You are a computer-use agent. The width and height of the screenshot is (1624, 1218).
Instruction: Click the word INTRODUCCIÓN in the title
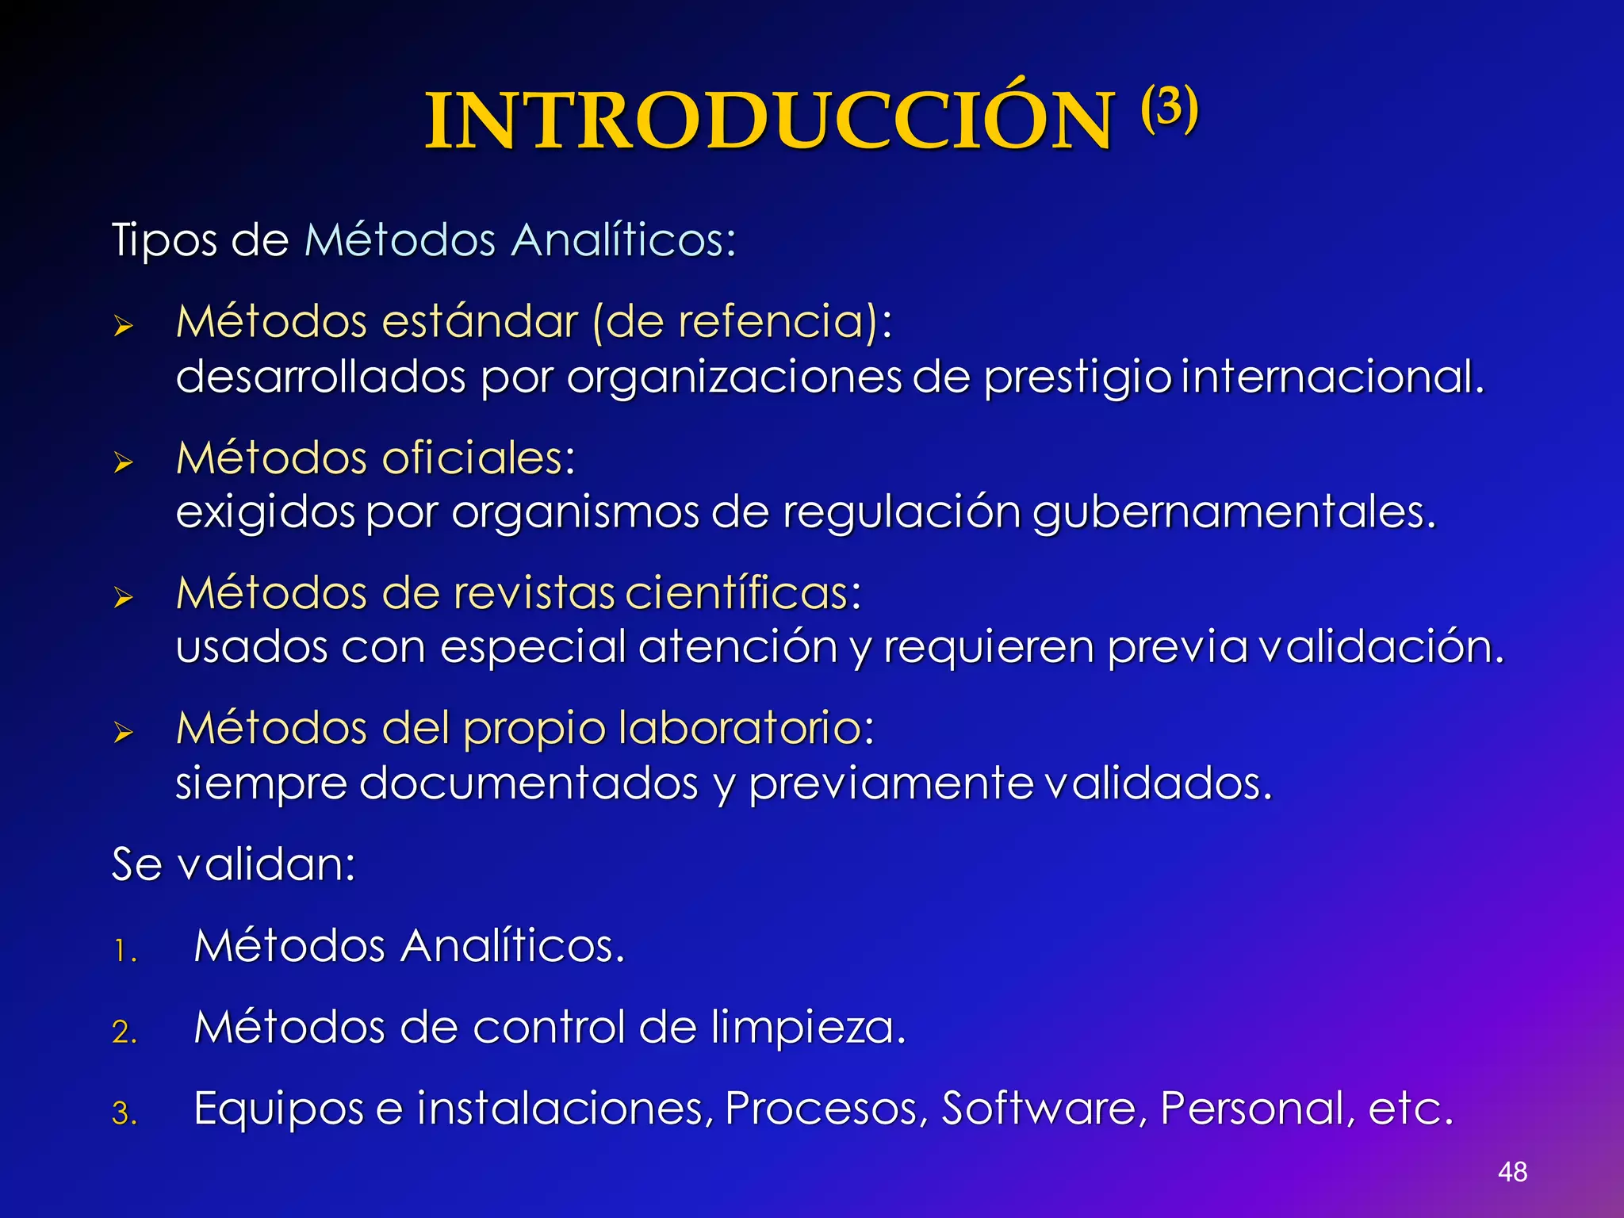coord(769,121)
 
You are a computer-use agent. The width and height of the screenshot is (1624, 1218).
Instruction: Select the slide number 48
coord(1512,1171)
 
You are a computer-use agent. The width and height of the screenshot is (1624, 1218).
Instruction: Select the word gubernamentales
coord(1234,512)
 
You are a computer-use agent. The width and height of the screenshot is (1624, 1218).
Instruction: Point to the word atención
coord(737,647)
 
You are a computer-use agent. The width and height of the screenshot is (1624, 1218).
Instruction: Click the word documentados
coord(528,783)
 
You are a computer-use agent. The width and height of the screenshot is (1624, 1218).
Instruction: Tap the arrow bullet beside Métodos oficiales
coord(123,462)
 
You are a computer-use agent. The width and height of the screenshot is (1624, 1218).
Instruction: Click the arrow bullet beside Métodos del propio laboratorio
coord(123,732)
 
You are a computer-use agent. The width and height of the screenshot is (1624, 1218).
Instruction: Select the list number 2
coord(124,1032)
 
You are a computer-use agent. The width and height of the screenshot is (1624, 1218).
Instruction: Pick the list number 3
coord(124,1113)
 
